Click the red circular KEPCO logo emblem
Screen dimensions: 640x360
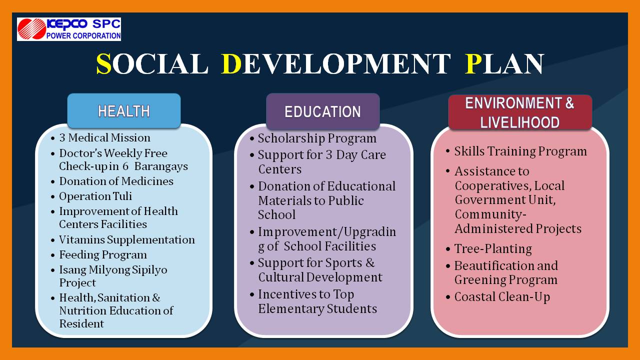point(31,29)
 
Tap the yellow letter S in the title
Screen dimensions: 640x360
point(103,63)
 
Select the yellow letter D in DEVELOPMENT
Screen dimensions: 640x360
point(231,63)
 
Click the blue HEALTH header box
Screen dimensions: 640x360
point(124,111)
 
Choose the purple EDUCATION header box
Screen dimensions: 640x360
point(323,111)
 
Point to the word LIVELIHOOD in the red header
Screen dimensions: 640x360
point(519,122)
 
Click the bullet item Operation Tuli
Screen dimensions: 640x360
point(95,196)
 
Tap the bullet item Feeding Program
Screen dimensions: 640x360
point(103,255)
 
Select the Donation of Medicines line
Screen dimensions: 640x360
point(116,181)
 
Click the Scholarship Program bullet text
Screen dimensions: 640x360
point(317,138)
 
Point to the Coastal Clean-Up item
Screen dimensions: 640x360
point(502,297)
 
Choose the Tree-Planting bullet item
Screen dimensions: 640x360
point(493,249)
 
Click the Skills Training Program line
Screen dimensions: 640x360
point(520,151)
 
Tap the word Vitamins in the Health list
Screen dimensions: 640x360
point(82,239)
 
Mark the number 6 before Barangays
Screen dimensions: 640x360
point(125,166)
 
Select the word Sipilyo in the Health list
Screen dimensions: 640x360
point(149,270)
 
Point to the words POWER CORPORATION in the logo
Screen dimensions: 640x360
point(83,35)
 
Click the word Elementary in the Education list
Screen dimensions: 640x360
point(291,309)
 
